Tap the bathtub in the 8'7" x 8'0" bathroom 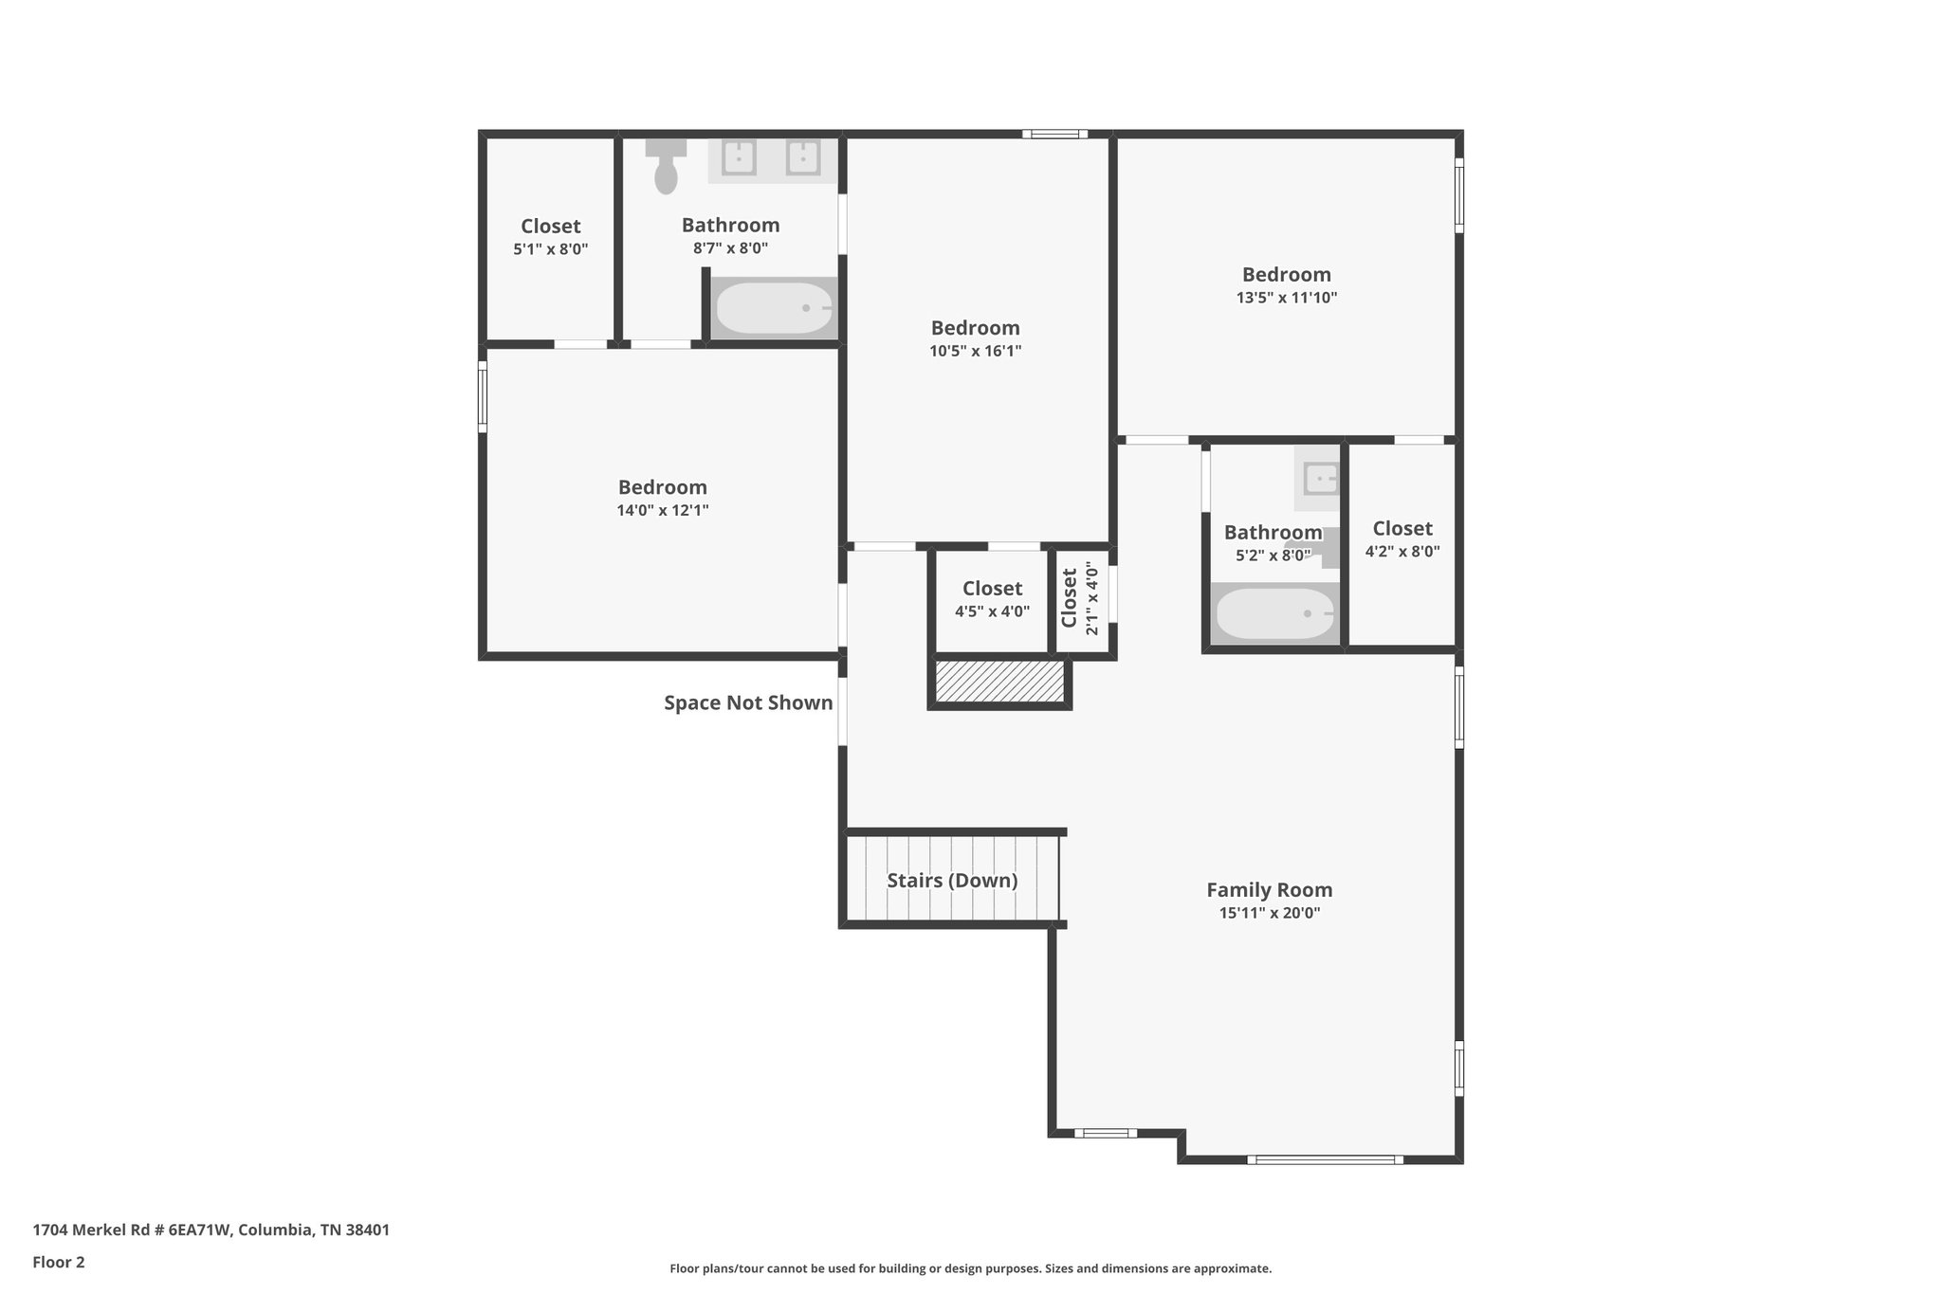click(774, 308)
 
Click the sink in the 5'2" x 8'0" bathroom click(1321, 479)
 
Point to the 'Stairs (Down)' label click(952, 881)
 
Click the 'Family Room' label click(1269, 890)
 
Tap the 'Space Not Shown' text click(748, 702)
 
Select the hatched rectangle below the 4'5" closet click(999, 682)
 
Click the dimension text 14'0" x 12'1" click(663, 510)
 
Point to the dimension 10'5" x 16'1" click(975, 351)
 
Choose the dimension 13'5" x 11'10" click(1287, 298)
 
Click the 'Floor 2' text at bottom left click(59, 1262)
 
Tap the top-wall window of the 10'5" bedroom click(1054, 134)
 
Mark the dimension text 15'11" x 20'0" click(1269, 914)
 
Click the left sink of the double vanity click(739, 158)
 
